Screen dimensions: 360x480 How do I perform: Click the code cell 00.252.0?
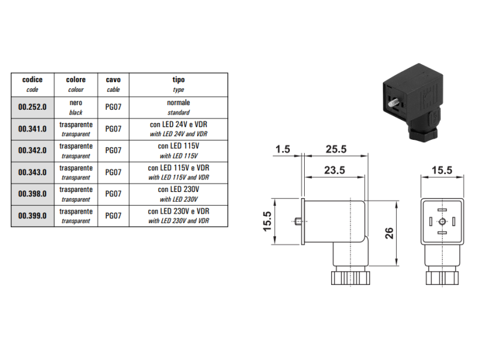pyautogui.click(x=32, y=107)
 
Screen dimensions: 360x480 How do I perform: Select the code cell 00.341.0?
pyautogui.click(x=32, y=129)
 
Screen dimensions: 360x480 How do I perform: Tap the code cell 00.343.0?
pyautogui.click(x=32, y=173)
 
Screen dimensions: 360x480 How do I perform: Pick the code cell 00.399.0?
pyautogui.click(x=32, y=215)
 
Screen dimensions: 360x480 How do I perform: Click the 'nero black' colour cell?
pyautogui.click(x=76, y=107)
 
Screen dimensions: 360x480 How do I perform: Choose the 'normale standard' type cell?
pyautogui.click(x=178, y=107)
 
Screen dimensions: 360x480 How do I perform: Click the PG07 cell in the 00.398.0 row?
pyautogui.click(x=113, y=194)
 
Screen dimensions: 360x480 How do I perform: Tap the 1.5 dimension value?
pyautogui.click(x=283, y=148)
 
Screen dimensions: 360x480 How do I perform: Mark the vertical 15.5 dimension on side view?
pyautogui.click(x=267, y=221)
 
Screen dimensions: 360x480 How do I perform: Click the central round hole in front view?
pyautogui.click(x=442, y=221)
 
